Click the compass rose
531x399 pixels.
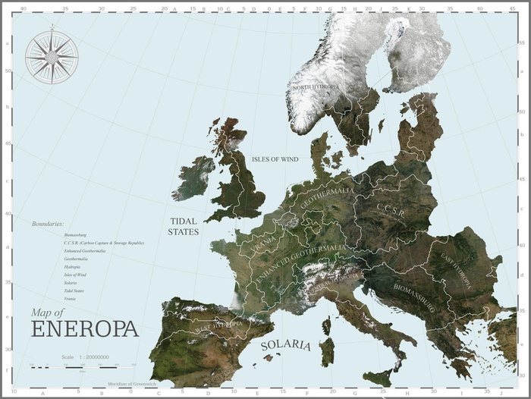tap(51, 55)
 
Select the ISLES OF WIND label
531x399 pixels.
tap(275, 159)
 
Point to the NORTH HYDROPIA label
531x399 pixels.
tap(316, 88)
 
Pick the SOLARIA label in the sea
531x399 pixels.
tap(286, 345)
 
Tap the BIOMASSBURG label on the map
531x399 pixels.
tap(413, 298)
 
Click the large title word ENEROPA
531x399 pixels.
tap(85, 329)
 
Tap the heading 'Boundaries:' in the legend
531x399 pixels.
tap(48, 225)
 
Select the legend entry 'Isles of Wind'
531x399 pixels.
tap(75, 275)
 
